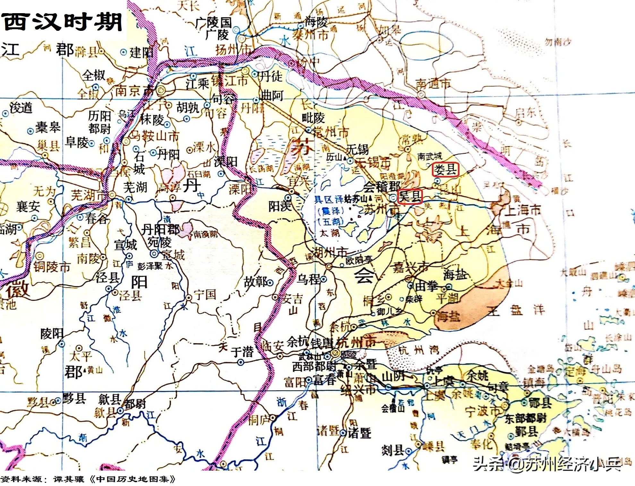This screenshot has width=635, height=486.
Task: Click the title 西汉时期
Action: pyautogui.click(x=63, y=22)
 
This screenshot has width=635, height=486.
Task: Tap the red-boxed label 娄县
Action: pyautogui.click(x=445, y=169)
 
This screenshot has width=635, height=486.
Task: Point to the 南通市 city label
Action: pyautogui.click(x=433, y=84)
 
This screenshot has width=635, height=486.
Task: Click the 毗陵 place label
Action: pyautogui.click(x=313, y=118)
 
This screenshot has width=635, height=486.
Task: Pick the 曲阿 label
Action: pyautogui.click(x=272, y=95)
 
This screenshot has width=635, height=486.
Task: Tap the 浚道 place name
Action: pyautogui.click(x=21, y=108)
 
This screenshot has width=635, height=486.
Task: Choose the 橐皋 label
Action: pyautogui.click(x=47, y=127)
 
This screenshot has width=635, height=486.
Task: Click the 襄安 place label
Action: pyautogui.click(x=28, y=206)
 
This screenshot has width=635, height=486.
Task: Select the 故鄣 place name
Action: pyautogui.click(x=255, y=282)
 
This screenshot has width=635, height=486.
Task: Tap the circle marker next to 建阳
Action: pyautogui.click(x=123, y=52)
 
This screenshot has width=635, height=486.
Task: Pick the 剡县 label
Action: pyautogui.click(x=392, y=450)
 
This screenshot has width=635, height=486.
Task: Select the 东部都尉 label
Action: pyautogui.click(x=526, y=418)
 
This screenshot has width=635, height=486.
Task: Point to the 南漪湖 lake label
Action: pyautogui.click(x=206, y=234)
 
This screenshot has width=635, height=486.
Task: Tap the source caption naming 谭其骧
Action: pyautogui.click(x=88, y=479)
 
